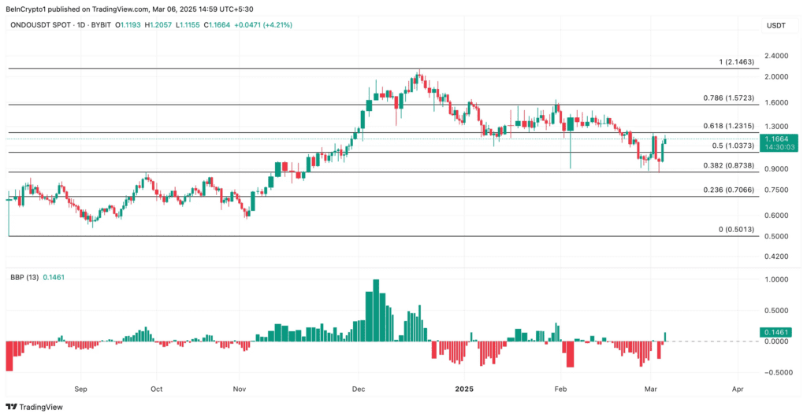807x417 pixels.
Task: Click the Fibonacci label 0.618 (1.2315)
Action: pos(728,126)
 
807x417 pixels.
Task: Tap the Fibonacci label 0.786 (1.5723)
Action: pos(728,98)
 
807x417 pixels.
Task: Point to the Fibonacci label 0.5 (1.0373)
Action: pos(733,146)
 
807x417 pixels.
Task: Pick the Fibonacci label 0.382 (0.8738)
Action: pos(728,166)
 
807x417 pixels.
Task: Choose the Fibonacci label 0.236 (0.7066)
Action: pos(728,190)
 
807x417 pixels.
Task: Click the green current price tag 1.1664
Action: pos(777,138)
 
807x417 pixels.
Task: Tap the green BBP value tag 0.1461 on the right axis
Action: pos(777,333)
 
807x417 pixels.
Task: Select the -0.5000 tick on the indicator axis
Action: pos(776,373)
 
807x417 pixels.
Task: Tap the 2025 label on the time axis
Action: pos(464,389)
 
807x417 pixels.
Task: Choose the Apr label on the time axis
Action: pos(738,389)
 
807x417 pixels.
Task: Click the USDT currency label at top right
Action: pos(776,25)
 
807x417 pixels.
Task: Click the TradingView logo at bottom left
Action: pos(35,406)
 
